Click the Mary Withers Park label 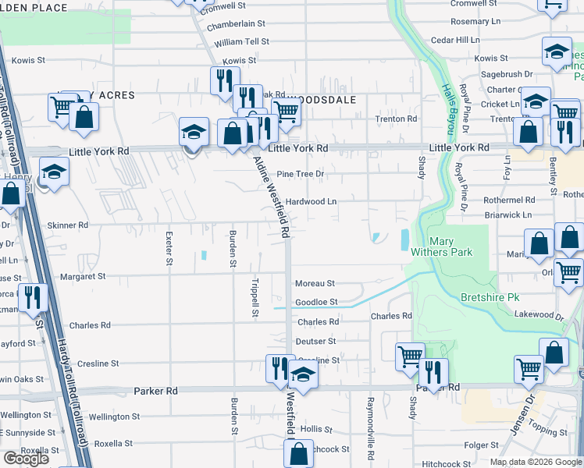pos(440,246)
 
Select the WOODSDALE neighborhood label pos(322,100)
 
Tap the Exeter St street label pos(169,249)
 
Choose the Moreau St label pos(315,283)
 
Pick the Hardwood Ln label pos(311,201)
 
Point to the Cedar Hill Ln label pos(455,39)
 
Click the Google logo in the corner pos(27,459)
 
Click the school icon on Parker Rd pos(303,378)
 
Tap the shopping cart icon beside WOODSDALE pos(287,112)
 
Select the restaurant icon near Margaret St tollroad pos(32,297)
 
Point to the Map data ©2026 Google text pos(536,462)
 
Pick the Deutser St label pos(316,341)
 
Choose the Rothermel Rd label pos(508,200)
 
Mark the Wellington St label pos(114,417)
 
